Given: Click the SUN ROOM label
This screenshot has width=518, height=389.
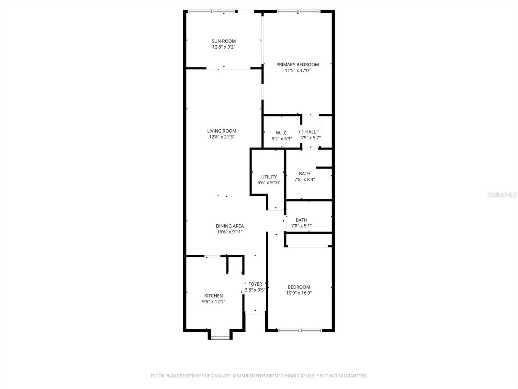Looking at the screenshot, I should (224, 41).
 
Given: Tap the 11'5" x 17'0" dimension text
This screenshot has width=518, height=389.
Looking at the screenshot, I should (298, 70).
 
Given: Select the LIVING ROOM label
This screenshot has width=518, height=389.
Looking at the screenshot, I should (222, 131).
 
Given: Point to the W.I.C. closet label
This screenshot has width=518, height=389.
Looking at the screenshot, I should (282, 133).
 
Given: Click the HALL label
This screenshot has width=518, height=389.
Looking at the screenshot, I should (310, 132).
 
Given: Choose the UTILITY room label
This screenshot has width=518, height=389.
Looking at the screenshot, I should (269, 177).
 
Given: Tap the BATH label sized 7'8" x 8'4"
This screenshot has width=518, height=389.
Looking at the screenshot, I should (305, 174).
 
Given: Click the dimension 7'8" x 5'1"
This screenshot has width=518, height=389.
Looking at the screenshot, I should (301, 226).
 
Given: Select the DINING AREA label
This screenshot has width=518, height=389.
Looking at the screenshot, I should (230, 226).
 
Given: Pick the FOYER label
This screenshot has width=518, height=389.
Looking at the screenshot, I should (255, 284).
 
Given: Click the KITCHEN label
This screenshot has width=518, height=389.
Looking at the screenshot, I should (214, 296).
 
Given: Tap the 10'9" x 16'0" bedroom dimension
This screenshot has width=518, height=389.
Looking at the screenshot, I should (299, 293).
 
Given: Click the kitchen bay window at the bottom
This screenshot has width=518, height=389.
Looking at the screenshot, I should (220, 338).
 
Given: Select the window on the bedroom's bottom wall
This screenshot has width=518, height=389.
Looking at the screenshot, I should (300, 330).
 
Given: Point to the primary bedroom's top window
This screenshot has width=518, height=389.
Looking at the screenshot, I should (298, 11).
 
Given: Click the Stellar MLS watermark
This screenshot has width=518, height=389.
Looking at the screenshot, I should (502, 195).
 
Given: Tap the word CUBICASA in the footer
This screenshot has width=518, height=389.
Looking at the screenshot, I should (211, 376).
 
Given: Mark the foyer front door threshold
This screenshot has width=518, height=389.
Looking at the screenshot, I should (255, 312).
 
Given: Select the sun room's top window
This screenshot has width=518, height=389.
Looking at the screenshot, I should (212, 11).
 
